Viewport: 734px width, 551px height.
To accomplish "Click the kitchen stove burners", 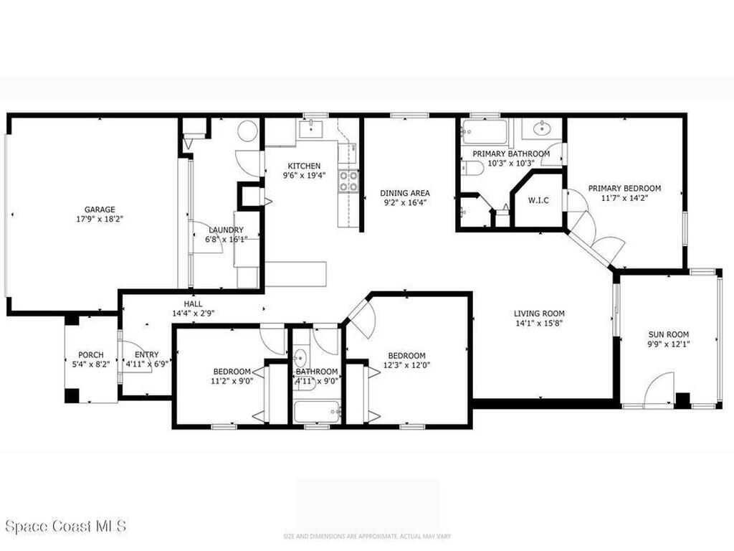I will click(x=348, y=182).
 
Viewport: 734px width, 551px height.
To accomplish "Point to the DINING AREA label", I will click(x=405, y=193).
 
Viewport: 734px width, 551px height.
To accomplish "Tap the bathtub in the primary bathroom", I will click(x=485, y=132).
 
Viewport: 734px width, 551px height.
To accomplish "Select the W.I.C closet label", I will click(x=538, y=200).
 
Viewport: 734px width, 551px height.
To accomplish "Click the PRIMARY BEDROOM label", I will click(x=624, y=189).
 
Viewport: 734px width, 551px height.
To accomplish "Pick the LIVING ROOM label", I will click(x=539, y=314).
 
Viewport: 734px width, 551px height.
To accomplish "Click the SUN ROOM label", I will click(x=668, y=334).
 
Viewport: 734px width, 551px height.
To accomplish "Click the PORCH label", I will click(x=91, y=354).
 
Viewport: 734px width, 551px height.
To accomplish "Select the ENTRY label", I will click(x=146, y=354).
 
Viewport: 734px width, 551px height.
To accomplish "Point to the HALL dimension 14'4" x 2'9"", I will click(x=194, y=314).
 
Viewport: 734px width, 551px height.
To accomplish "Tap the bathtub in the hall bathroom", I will click(x=316, y=412).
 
